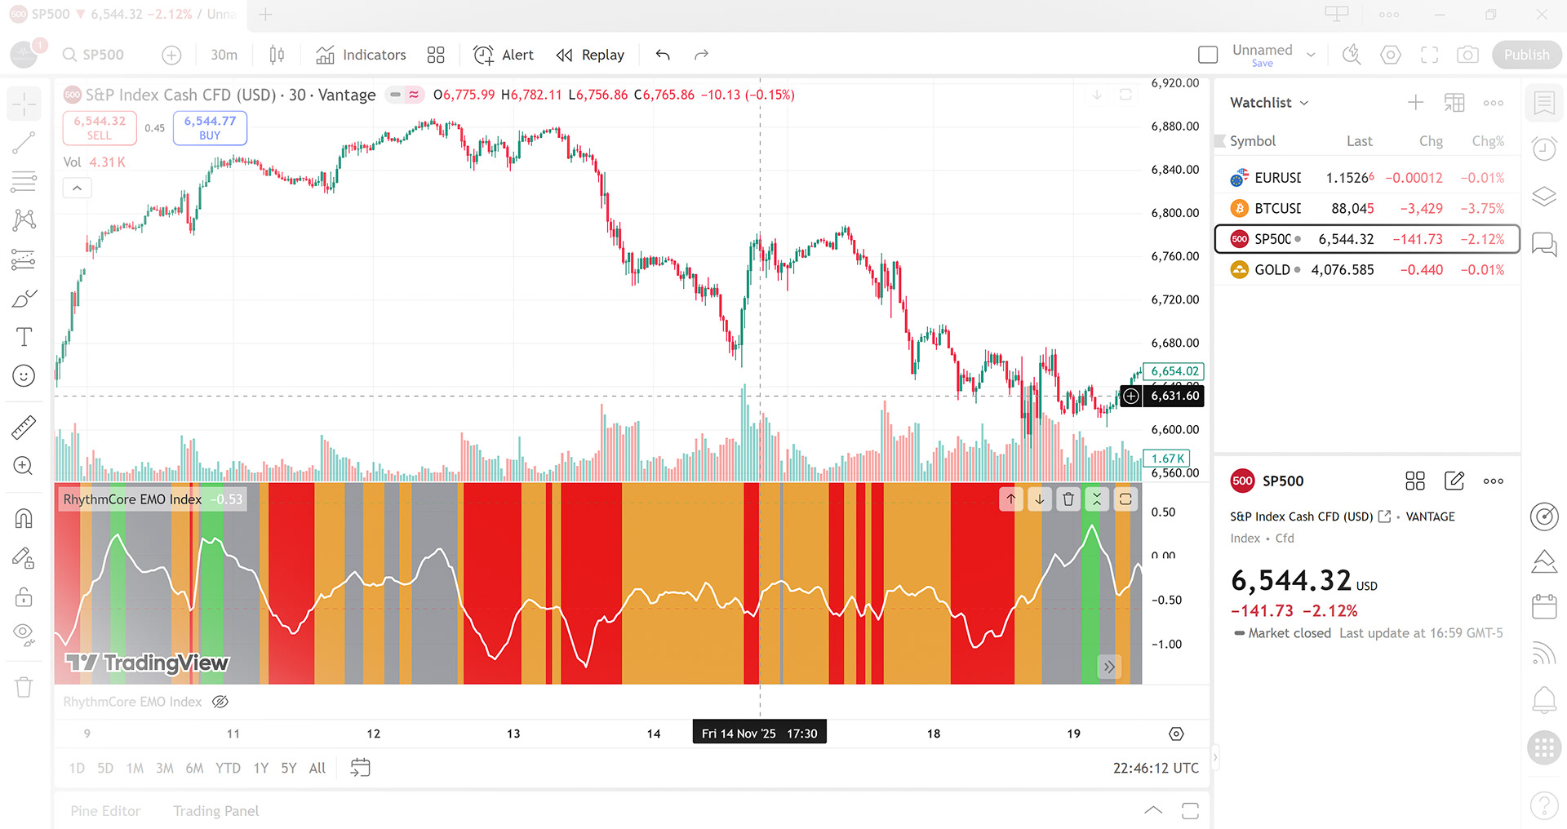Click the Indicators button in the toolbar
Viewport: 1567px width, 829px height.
click(361, 55)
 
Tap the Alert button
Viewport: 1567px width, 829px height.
click(504, 55)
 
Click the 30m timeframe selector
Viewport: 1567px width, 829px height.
click(224, 55)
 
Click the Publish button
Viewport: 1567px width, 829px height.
click(1526, 55)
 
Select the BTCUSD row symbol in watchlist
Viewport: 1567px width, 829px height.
click(1277, 209)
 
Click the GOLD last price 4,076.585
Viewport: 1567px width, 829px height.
click(1342, 270)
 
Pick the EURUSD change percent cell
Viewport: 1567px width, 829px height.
click(1481, 178)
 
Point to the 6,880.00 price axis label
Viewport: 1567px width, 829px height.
click(1174, 126)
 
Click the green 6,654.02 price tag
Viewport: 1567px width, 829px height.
click(1174, 371)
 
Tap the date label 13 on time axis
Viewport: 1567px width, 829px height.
click(513, 734)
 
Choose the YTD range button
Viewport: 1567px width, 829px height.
click(228, 768)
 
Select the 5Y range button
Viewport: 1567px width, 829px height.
click(289, 768)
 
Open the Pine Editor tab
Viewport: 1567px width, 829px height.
click(105, 811)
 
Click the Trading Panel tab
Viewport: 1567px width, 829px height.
click(215, 811)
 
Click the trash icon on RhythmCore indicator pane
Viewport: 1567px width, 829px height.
click(1068, 499)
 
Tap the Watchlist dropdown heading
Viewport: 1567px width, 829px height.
click(1268, 103)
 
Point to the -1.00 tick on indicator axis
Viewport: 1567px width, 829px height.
click(1166, 645)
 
